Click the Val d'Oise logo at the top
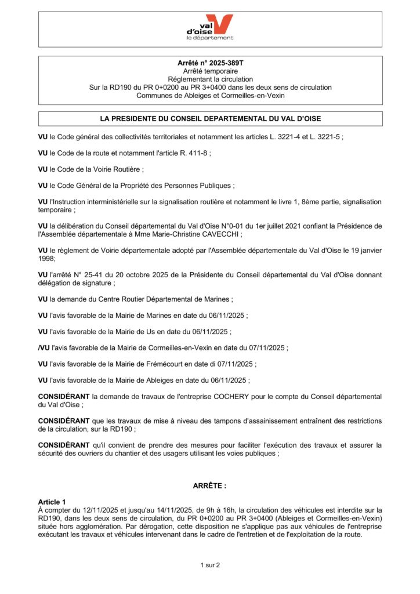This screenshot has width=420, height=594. point(210,28)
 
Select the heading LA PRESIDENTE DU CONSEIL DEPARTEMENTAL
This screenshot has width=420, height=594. point(210,118)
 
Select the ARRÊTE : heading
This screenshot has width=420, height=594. point(210,485)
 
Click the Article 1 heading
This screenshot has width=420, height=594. point(52,501)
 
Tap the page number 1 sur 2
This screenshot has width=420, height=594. point(210,564)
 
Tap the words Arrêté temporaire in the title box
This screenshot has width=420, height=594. point(210,70)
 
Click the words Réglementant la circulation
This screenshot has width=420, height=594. point(210,79)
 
